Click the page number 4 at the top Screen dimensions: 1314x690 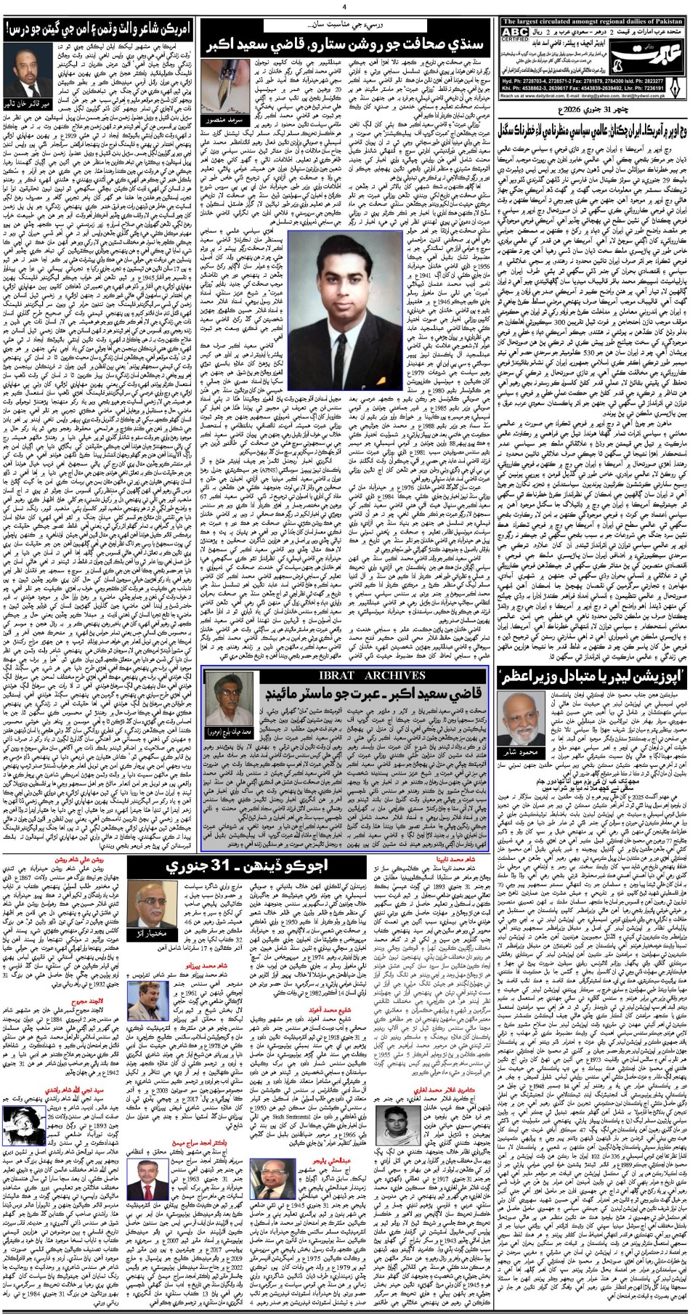tap(345, 7)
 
